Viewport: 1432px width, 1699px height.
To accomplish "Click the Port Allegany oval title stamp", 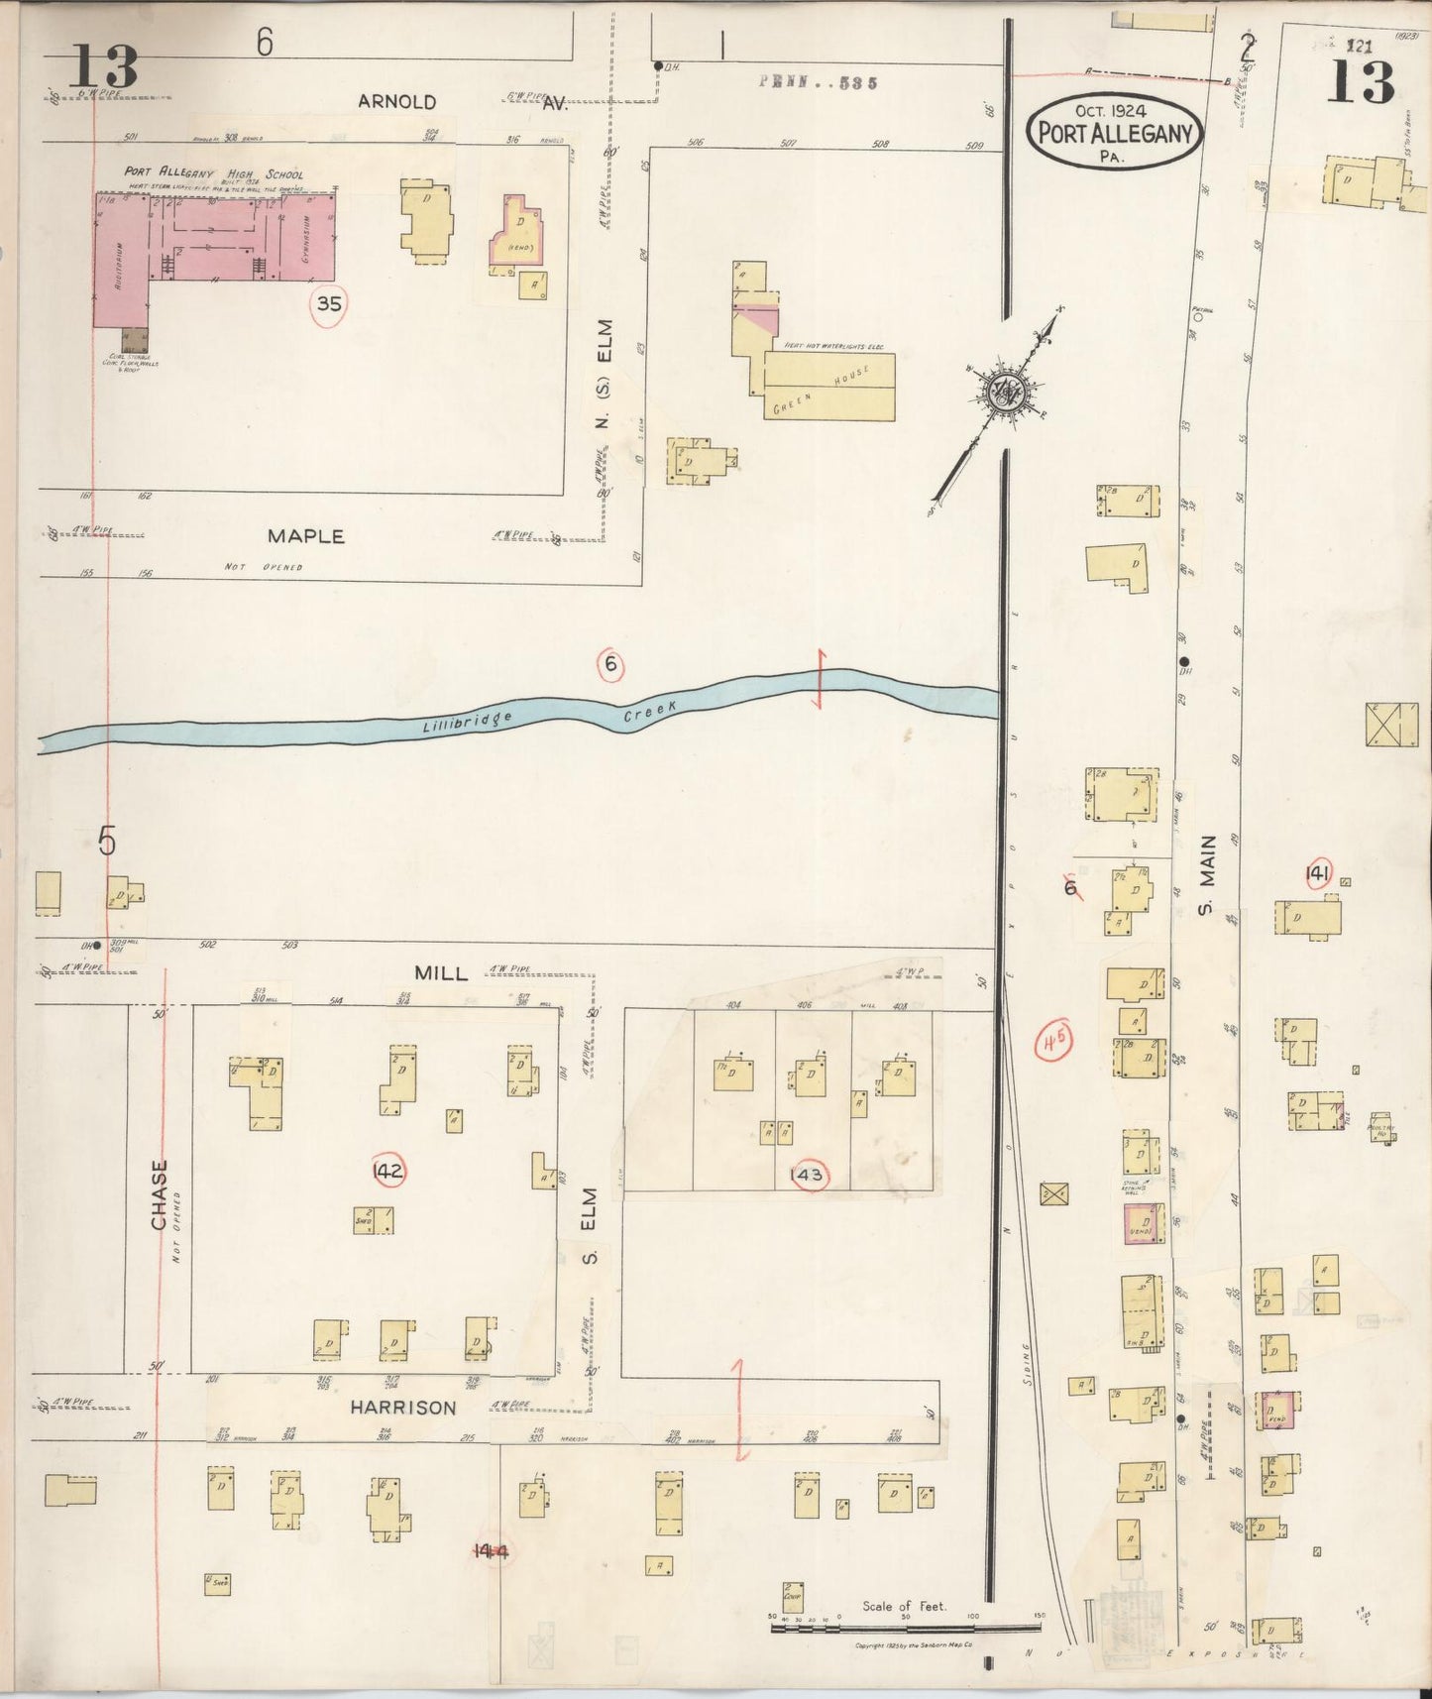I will point(1116,132).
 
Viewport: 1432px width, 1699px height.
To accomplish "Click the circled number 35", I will point(328,304).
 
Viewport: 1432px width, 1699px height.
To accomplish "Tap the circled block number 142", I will point(387,1172).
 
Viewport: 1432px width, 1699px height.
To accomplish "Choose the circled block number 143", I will point(809,1176).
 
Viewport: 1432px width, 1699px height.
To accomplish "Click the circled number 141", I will point(1317,872).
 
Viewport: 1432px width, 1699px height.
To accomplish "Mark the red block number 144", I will point(492,1552).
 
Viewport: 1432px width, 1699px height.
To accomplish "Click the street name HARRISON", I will point(403,1408).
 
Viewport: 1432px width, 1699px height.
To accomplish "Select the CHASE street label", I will point(160,1195).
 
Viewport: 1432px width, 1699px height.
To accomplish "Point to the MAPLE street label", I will point(305,536).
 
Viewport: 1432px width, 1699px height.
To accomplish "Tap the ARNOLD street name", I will point(397,102).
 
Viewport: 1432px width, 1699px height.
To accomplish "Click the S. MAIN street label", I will point(1208,887).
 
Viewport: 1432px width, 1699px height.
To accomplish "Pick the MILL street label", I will point(441,973).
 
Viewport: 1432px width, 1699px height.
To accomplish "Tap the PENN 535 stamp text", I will point(818,83).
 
